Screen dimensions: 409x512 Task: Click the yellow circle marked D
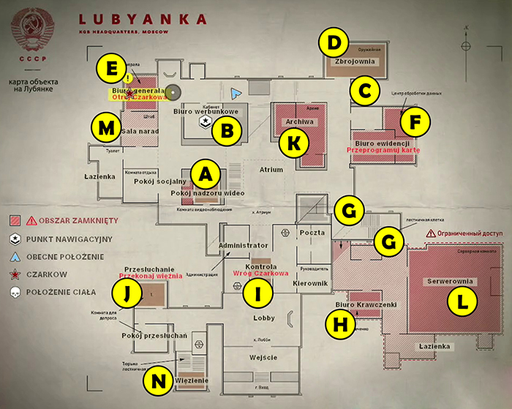tap(334, 42)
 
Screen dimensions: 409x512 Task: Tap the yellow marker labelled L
tap(461, 299)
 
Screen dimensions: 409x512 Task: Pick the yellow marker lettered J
tap(127, 293)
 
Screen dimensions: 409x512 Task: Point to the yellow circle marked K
tap(293, 143)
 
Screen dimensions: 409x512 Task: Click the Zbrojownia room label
tap(353, 62)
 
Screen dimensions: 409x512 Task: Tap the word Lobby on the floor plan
tap(264, 318)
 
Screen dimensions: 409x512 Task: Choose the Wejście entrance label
tap(264, 356)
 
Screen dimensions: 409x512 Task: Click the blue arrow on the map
tap(234, 94)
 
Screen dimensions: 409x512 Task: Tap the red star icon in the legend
tap(15, 274)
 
